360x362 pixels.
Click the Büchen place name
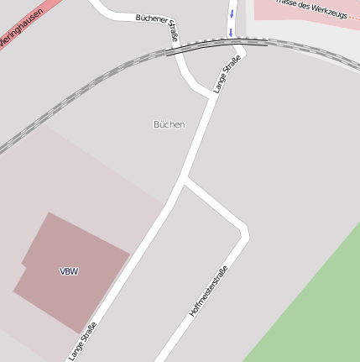[169, 124]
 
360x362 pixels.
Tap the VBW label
[69, 271]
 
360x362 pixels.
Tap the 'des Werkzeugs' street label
[310, 5]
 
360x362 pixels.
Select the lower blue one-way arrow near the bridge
[231, 34]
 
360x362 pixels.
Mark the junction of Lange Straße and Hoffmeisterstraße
[185, 179]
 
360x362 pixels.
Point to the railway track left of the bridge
[84, 88]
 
